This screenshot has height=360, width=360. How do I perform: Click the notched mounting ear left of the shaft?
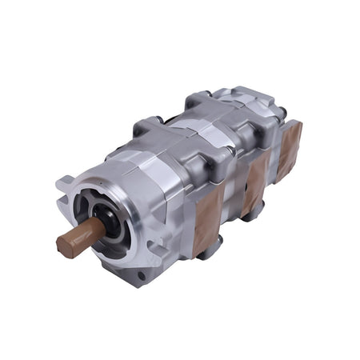[64, 190]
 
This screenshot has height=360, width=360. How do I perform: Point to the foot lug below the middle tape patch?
[254, 210]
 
